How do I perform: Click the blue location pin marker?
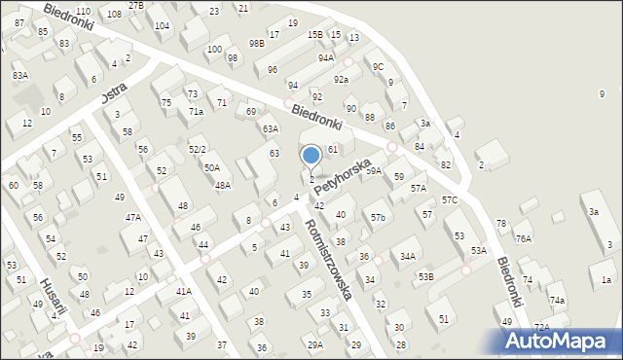click(x=311, y=156)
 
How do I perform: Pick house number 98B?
click(x=256, y=43)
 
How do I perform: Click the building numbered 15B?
click(x=314, y=34)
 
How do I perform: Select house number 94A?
click(x=325, y=57)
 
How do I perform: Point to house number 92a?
click(x=341, y=80)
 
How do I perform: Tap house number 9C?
click(x=378, y=66)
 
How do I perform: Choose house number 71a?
click(x=196, y=112)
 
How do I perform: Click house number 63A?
click(x=270, y=128)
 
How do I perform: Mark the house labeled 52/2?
click(x=197, y=149)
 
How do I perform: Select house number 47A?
click(x=132, y=218)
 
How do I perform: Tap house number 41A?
click(x=183, y=292)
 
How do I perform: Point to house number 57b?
click(x=378, y=217)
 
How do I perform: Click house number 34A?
click(x=408, y=257)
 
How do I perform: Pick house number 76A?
click(x=524, y=238)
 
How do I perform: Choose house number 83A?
click(x=20, y=75)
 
